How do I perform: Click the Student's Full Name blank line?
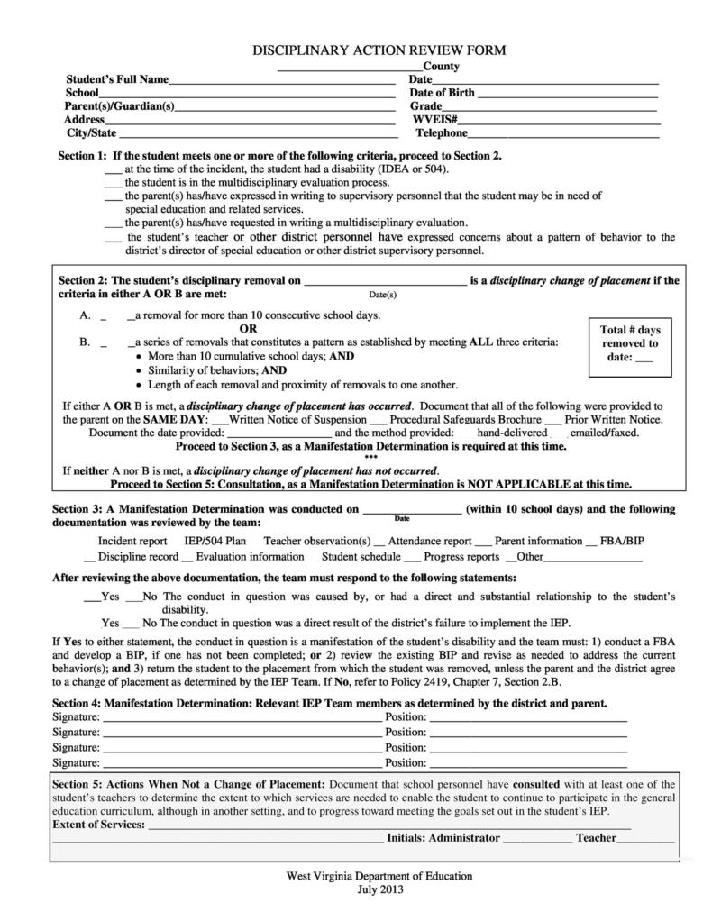(x=281, y=82)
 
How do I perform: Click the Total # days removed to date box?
(x=630, y=343)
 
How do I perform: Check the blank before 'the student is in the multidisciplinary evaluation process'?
(x=113, y=183)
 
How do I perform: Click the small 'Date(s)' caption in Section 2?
(x=383, y=295)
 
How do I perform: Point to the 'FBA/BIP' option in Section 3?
(x=621, y=542)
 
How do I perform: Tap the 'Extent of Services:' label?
(x=98, y=825)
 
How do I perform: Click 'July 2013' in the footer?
(x=379, y=889)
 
